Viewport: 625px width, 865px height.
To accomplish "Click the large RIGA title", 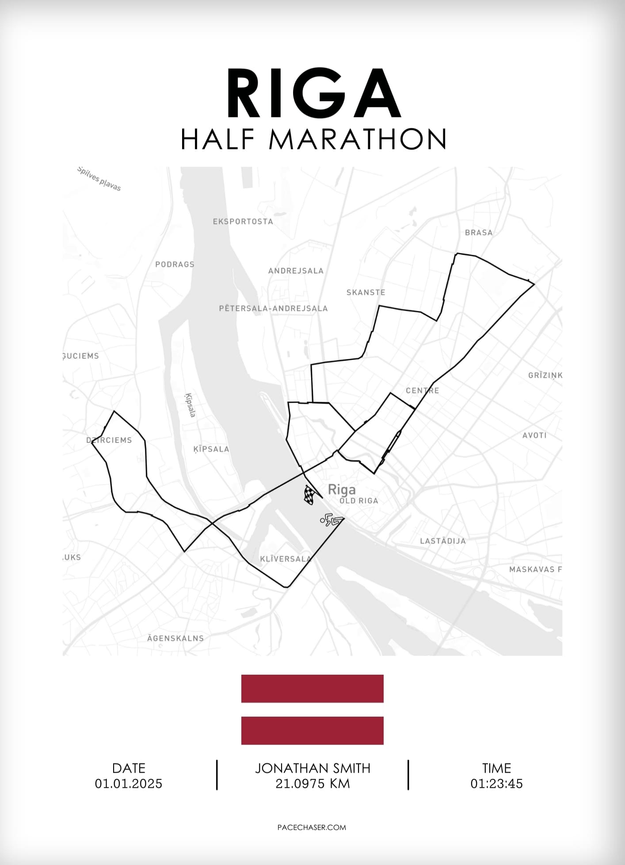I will [x=313, y=94].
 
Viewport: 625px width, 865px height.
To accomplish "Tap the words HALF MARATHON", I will [x=313, y=139].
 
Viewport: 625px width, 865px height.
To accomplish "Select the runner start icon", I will [x=331, y=521].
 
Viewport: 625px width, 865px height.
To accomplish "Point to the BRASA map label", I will [x=478, y=233].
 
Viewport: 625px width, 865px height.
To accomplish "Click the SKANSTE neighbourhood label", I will [x=366, y=292].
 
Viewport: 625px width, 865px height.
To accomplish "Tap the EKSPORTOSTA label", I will [x=243, y=222].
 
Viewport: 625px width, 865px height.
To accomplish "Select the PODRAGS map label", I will [x=175, y=264].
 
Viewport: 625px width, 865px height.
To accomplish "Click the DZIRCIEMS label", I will [x=109, y=440].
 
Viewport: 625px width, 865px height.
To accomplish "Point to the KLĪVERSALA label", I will [x=286, y=559].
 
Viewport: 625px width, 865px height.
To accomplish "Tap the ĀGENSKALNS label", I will [x=175, y=638].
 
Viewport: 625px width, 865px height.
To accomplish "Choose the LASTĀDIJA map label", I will [x=442, y=541].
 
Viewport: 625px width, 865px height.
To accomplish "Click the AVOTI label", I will [x=534, y=435].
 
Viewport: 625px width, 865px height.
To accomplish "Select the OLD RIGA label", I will [x=359, y=501].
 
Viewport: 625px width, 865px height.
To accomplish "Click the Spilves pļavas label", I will [x=99, y=179].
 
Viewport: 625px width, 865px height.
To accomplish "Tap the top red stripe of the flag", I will [x=312, y=688].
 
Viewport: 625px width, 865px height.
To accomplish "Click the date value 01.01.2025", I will [x=129, y=784].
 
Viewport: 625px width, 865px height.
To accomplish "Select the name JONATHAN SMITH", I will [x=312, y=768].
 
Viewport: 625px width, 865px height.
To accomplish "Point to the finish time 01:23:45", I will [x=496, y=784].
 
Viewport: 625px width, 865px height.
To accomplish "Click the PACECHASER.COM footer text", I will [x=312, y=827].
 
